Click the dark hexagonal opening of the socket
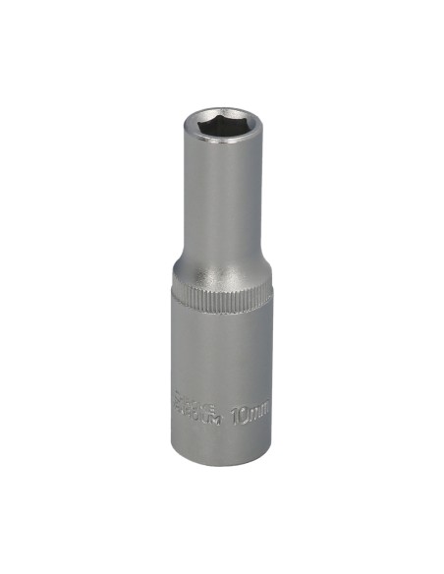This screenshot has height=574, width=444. click(x=221, y=128)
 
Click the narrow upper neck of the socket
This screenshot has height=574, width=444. click(x=221, y=206)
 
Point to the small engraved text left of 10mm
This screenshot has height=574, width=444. click(x=200, y=407)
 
